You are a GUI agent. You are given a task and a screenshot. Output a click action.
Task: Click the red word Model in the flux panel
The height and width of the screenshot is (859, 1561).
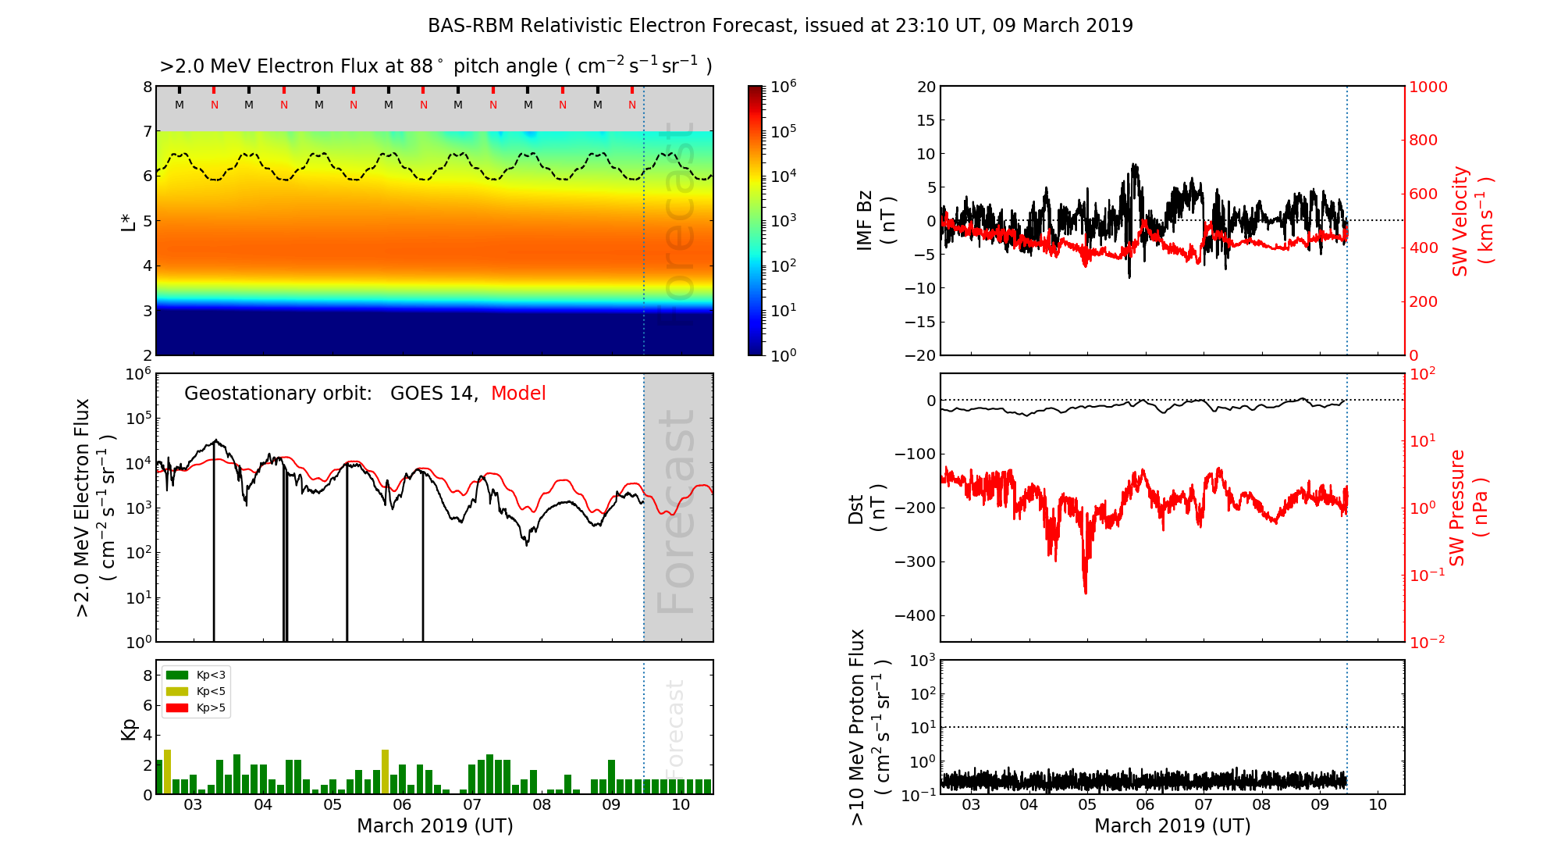[x=518, y=394]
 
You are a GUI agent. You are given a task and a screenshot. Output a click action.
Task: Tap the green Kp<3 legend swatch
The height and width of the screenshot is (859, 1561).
[x=177, y=675]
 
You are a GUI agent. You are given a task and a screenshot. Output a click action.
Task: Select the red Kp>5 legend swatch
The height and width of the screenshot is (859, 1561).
[x=177, y=708]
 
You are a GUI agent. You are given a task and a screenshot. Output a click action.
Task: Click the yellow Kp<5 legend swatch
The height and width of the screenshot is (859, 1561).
[x=177, y=691]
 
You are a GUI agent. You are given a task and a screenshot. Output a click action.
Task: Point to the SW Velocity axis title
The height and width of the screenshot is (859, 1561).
[x=1472, y=221]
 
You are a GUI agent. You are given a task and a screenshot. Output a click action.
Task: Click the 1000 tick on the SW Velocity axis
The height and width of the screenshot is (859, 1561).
[x=1428, y=87]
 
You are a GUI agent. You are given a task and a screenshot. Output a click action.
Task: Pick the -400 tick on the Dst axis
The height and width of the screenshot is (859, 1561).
[x=915, y=615]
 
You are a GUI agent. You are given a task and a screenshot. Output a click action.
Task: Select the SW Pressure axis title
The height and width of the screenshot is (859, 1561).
[x=1468, y=508]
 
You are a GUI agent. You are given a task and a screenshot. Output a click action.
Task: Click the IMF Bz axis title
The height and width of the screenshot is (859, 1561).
[x=876, y=222]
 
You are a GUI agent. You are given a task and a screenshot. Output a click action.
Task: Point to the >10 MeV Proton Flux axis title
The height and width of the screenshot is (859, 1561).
[x=869, y=727]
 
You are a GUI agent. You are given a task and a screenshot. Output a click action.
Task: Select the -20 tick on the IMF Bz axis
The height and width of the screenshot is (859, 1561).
[x=920, y=355]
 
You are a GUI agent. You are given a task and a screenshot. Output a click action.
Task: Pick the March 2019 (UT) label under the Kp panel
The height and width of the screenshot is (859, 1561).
[x=435, y=826]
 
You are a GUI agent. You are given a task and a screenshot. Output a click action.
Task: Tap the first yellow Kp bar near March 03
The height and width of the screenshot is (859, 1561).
[x=167, y=772]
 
